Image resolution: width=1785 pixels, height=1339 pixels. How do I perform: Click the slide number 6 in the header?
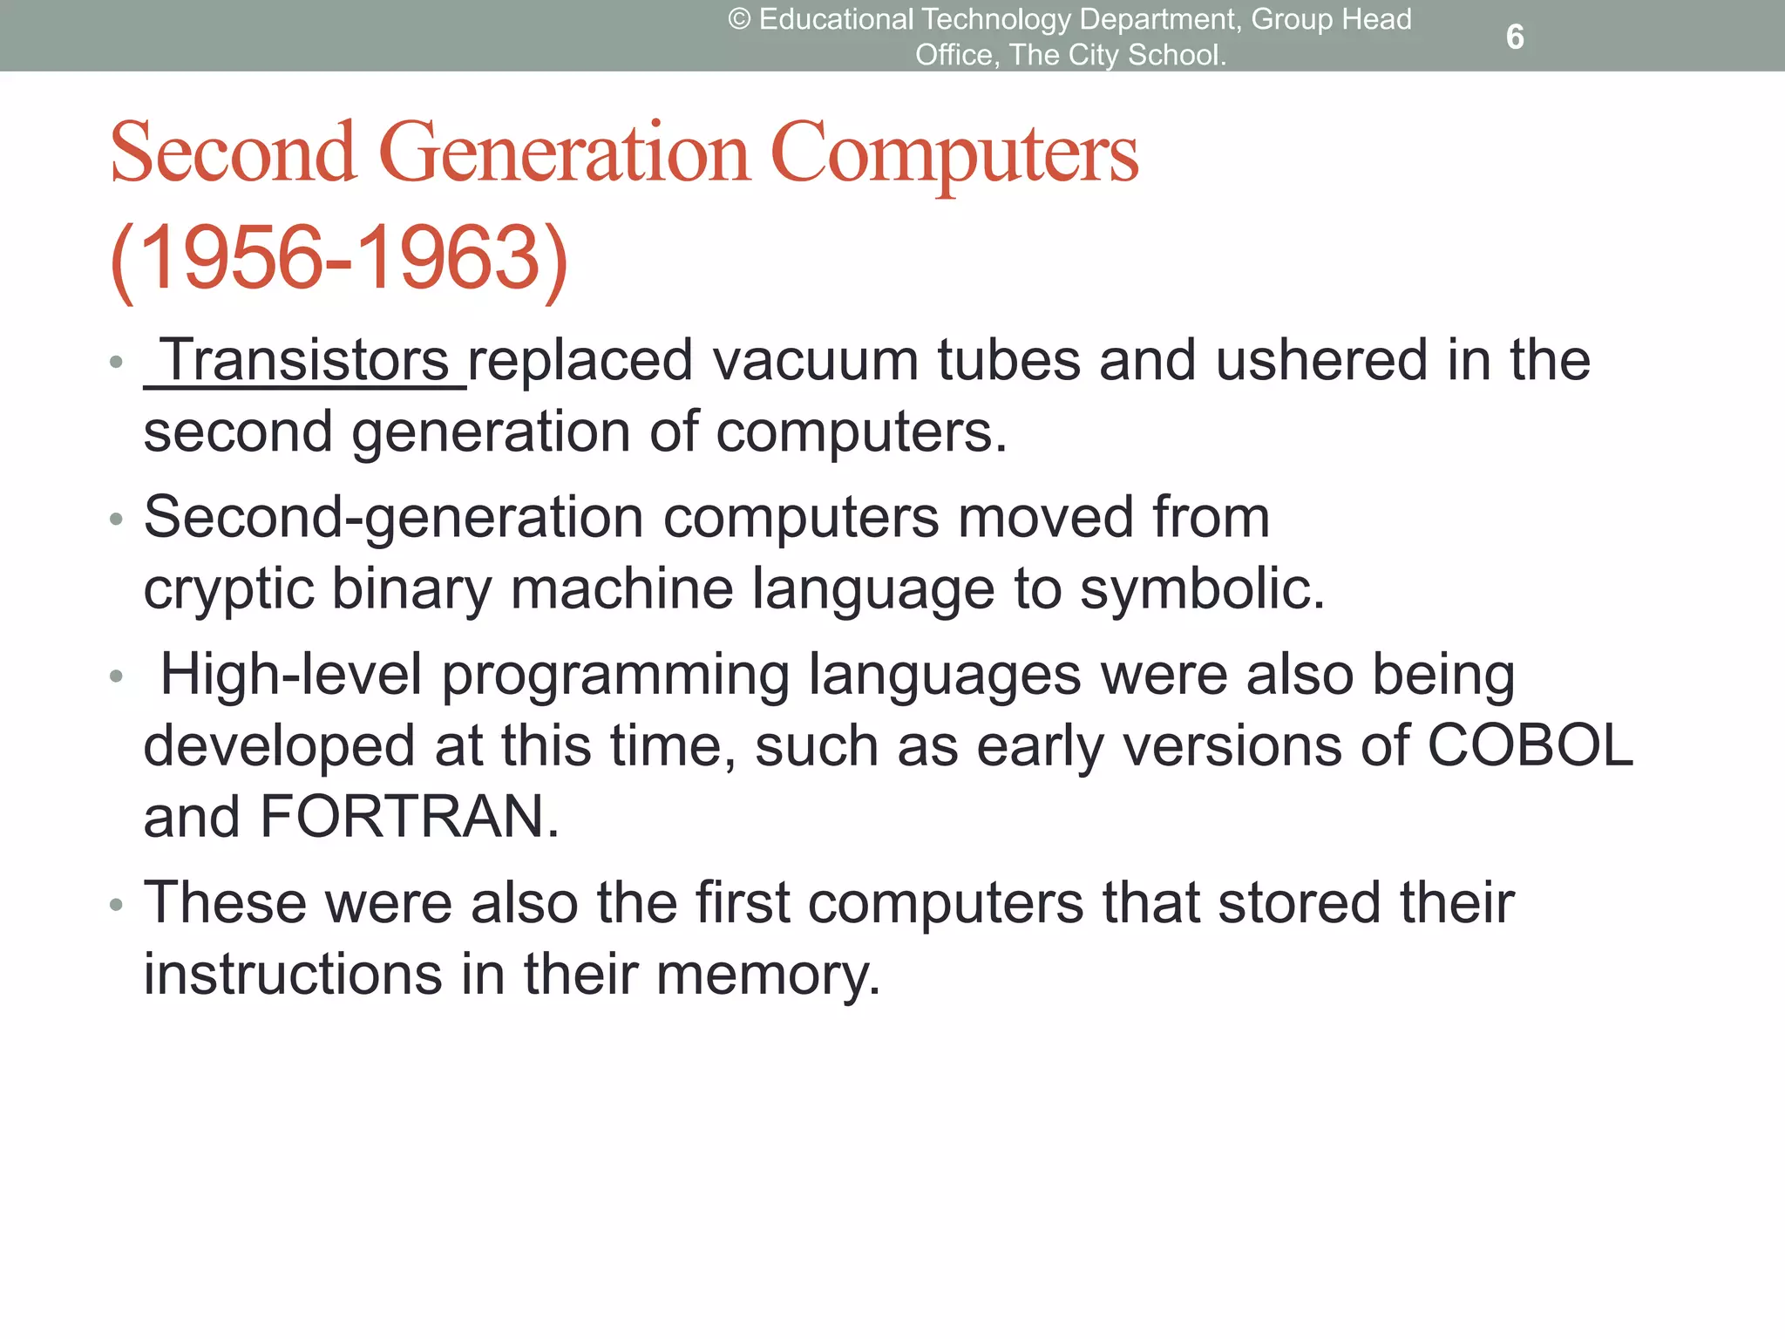pyautogui.click(x=1515, y=37)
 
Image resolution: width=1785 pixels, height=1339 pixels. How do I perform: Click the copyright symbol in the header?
pyautogui.click(x=738, y=19)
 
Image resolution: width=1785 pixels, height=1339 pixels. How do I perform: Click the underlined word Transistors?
pyautogui.click(x=306, y=360)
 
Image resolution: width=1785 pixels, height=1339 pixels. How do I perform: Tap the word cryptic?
pyautogui.click(x=228, y=590)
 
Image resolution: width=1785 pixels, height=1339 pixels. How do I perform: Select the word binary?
pyautogui.click(x=411, y=590)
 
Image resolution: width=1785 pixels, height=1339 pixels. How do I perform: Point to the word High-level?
pyautogui.click(x=291, y=675)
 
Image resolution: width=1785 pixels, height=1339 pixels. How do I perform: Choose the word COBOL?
pyautogui.click(x=1530, y=746)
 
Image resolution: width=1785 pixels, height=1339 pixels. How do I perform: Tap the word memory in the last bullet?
pyautogui.click(x=767, y=975)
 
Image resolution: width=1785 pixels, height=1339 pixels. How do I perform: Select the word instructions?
pyautogui.click(x=293, y=975)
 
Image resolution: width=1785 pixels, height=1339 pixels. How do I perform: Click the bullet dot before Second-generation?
pyautogui.click(x=117, y=520)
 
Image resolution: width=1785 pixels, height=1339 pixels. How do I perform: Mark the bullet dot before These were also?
pyautogui.click(x=117, y=906)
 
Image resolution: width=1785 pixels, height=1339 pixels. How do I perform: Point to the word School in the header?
pyautogui.click(x=1176, y=55)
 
